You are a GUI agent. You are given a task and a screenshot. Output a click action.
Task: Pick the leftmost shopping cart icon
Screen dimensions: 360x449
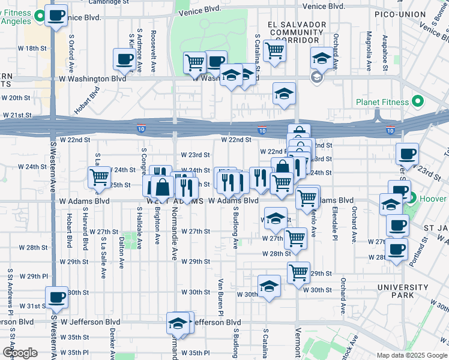click(x=99, y=177)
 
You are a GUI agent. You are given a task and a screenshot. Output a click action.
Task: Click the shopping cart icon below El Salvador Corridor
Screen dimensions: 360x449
click(x=274, y=50)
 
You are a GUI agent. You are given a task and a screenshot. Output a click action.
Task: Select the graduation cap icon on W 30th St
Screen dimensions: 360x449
click(x=269, y=286)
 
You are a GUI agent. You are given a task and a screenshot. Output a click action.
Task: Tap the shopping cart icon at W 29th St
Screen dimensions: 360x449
click(x=298, y=272)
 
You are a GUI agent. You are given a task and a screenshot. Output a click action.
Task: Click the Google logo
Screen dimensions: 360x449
click(x=20, y=353)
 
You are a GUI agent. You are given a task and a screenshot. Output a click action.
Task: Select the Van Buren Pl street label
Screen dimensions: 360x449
click(x=221, y=297)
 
